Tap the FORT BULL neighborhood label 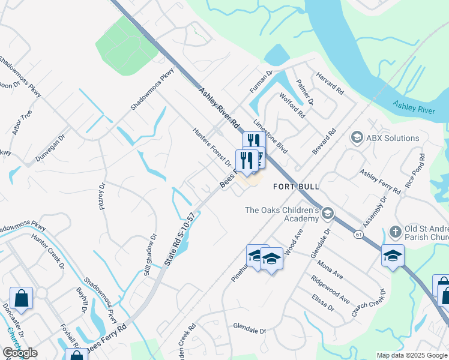pyautogui.click(x=296, y=187)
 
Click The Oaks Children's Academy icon pyautogui.click(x=327, y=213)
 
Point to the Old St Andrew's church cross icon pyautogui.click(x=395, y=231)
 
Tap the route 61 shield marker pyautogui.click(x=358, y=233)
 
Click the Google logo pyautogui.click(x=20, y=353)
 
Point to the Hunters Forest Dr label pyautogui.click(x=212, y=146)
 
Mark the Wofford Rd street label pyautogui.click(x=292, y=106)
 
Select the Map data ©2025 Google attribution pyautogui.click(x=411, y=355)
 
